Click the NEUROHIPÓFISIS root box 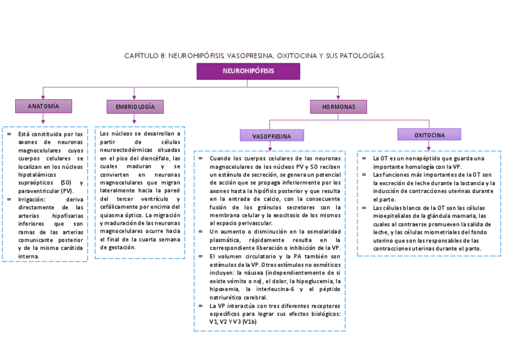click(248, 71)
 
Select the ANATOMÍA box click(43, 106)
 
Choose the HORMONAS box click(339, 107)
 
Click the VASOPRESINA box click(271, 136)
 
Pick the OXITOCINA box click(429, 135)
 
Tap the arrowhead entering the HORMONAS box click(339, 97)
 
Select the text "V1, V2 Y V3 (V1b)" click(233, 322)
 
